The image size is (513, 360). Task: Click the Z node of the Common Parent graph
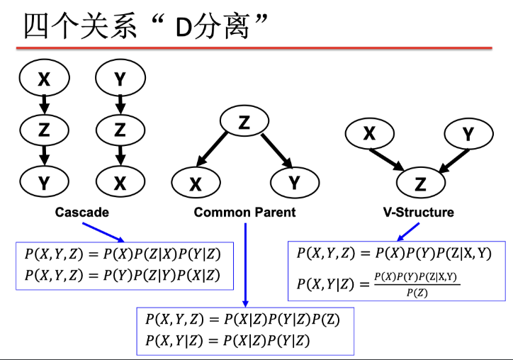[244, 123]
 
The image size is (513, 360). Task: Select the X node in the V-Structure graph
[368, 133]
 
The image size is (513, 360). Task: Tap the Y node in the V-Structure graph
[468, 133]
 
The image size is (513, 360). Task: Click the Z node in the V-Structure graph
[420, 184]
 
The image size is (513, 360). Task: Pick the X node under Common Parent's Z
[196, 184]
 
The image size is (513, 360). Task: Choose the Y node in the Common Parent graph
[294, 184]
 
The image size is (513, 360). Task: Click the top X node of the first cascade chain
[44, 79]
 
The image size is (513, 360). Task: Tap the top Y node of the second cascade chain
[120, 79]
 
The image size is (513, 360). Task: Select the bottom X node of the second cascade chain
[120, 183]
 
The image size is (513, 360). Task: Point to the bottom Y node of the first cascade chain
[44, 183]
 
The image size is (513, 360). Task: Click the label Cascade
[82, 212]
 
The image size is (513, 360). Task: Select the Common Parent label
[244, 212]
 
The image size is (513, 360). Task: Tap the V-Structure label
[418, 212]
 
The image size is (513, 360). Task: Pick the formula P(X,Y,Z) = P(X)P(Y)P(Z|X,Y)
[394, 253]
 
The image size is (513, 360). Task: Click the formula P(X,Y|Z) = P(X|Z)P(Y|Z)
[227, 341]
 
